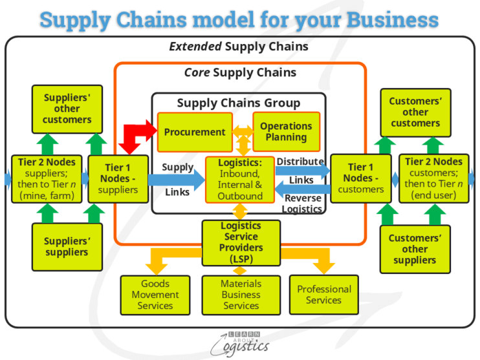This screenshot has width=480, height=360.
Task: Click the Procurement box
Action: pos(195,132)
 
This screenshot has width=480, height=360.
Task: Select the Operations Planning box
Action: pos(285,131)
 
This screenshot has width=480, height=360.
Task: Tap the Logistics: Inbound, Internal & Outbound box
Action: pos(239,179)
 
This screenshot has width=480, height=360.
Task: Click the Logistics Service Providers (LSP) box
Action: pos(241,242)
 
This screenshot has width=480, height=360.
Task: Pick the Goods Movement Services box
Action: pos(155,295)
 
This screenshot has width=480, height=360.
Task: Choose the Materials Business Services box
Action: pos(241,295)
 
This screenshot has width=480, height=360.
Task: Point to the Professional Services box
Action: pos(324,295)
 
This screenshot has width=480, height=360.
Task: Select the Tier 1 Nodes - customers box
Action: pos(360,178)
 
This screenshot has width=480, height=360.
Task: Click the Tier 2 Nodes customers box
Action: pos(434,178)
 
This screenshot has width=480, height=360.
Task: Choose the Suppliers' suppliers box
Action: pos(67,246)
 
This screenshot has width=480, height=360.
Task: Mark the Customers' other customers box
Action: pos(415,112)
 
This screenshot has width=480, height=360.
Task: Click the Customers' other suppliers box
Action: pos(414,249)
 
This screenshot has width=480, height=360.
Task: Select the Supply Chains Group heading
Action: pos(239,103)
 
